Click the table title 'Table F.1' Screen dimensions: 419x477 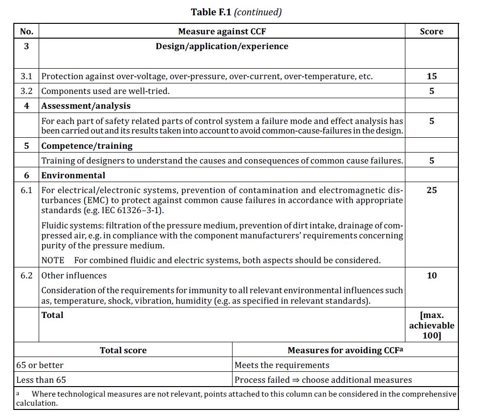click(211, 12)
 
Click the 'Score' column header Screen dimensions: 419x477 click(431, 31)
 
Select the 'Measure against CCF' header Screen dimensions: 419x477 click(222, 31)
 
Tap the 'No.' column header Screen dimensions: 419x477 click(27, 31)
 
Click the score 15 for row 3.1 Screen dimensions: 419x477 click(431, 76)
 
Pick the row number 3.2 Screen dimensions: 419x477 click(27, 91)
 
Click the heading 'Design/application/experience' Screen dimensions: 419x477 click(222, 46)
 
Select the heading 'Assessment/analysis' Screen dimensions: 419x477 click(85, 106)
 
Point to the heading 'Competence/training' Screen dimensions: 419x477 click(86, 146)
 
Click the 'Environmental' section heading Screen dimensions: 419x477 click(73, 175)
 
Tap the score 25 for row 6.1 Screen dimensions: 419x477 click(431, 190)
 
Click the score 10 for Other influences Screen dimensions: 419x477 click(431, 276)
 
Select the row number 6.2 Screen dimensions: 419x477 click(27, 276)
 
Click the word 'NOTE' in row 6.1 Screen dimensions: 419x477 click(53, 260)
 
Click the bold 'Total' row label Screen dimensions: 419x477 click(52, 315)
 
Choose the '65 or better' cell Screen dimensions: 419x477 click(40, 365)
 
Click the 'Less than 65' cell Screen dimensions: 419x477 click(41, 380)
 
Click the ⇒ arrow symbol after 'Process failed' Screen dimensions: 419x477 click(296, 380)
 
